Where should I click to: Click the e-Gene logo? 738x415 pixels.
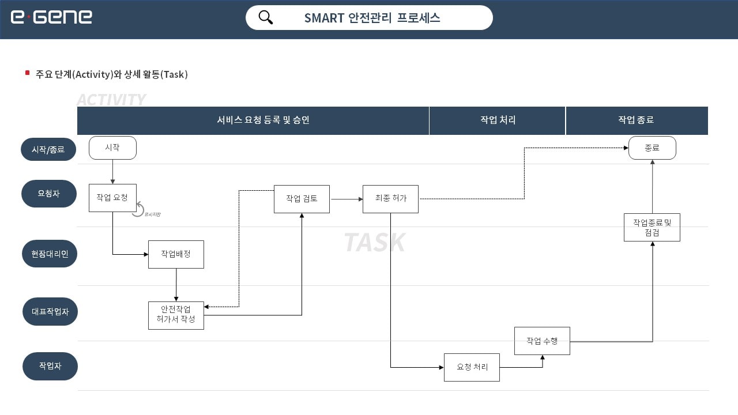pos(51,17)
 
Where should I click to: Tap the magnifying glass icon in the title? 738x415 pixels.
pos(266,17)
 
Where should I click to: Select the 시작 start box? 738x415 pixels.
pos(112,148)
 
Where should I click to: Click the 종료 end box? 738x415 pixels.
pos(652,148)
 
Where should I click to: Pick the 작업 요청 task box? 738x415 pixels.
pos(112,198)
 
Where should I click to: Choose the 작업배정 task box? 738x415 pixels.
pos(176,254)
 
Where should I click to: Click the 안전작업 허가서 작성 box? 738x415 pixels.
pos(176,315)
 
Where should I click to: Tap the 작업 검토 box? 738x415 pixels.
pos(302,199)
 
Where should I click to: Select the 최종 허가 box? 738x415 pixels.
pos(390,199)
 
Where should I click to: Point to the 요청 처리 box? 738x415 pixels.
pos(472,367)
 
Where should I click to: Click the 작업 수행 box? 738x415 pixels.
pos(542,341)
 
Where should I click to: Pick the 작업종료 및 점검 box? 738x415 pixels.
pos(652,227)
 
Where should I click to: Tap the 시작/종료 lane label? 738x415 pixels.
pos(48,149)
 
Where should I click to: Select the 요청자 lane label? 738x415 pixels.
pos(49,194)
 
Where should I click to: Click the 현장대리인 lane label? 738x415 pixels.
pos(50,254)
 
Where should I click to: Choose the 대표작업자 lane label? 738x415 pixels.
pos(50,312)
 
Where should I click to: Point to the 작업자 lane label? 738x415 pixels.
pos(50,366)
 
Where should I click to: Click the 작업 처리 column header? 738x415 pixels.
pos(498,120)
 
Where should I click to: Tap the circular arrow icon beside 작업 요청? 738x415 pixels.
pos(138,210)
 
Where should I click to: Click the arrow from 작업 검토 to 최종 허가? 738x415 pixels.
pos(346,199)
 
